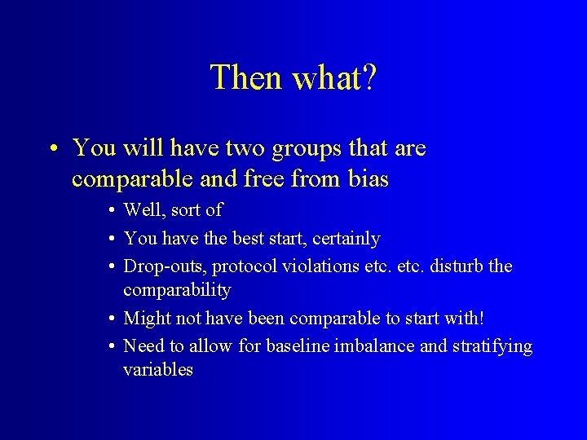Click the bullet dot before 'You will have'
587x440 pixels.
click(51, 149)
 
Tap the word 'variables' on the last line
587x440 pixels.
click(158, 370)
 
